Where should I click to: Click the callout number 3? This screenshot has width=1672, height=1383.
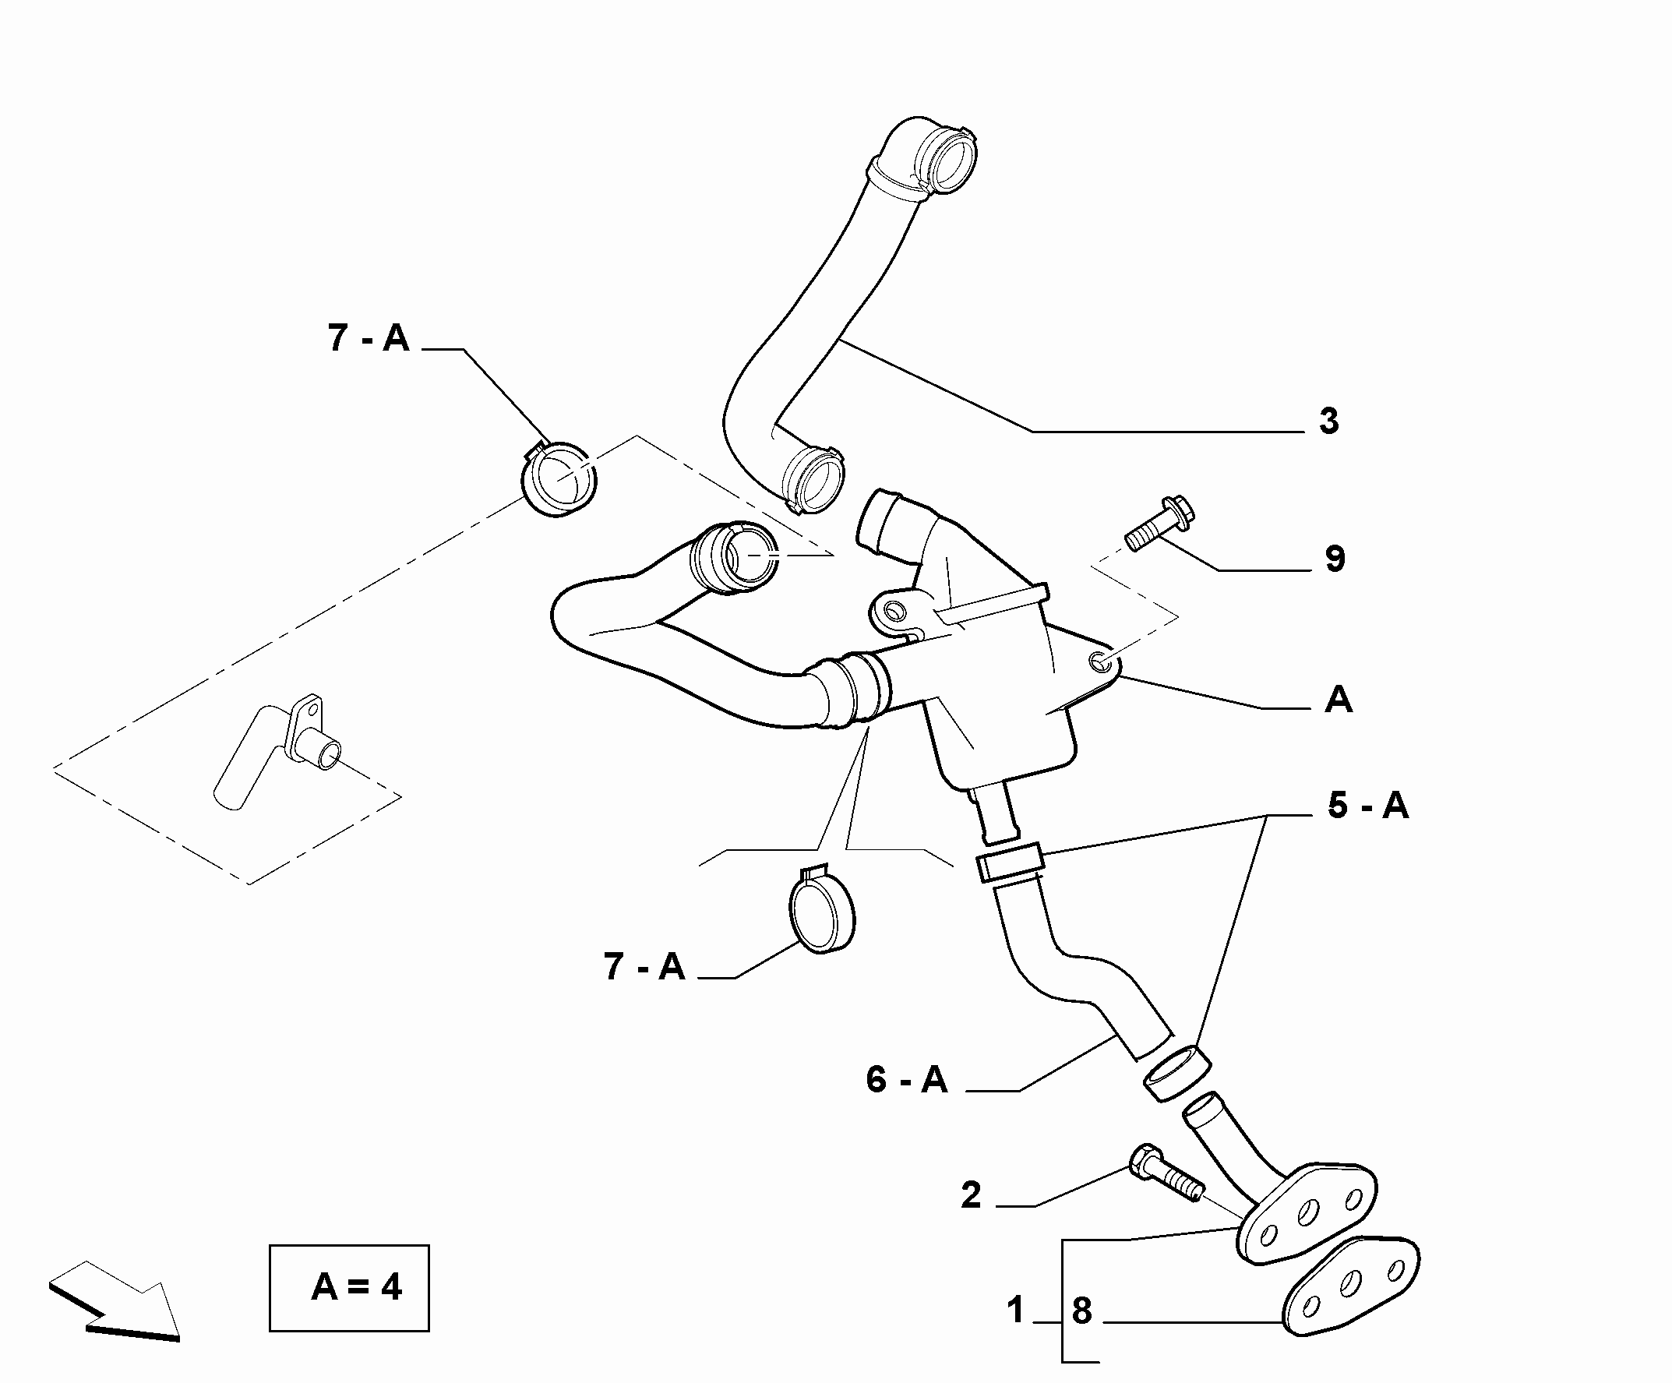tap(1329, 422)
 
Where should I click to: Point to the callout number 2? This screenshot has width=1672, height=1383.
tap(972, 1195)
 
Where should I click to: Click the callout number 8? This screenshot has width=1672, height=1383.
tap(1081, 1311)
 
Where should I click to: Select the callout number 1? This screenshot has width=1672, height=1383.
tap(1015, 1310)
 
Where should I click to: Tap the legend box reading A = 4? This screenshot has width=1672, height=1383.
tap(349, 1287)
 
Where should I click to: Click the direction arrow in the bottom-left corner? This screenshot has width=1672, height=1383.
tap(114, 1300)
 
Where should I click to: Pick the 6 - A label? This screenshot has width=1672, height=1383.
tap(907, 1081)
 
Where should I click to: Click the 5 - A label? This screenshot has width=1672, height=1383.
tap(1368, 806)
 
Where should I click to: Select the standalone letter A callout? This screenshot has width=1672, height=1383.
tap(1339, 700)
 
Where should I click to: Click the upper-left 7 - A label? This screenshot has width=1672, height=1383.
tap(369, 337)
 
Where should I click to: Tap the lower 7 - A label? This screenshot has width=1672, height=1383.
tap(644, 967)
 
